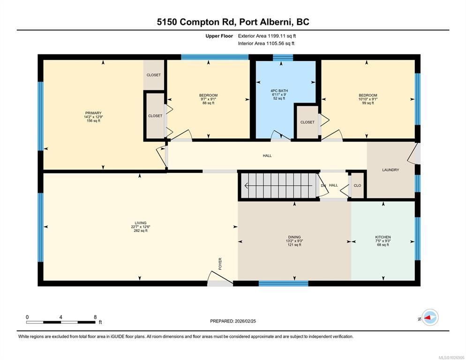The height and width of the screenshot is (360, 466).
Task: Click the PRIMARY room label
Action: coord(93,113)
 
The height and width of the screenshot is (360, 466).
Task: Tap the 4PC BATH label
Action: coord(279,90)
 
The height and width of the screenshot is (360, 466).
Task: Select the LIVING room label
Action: coord(141,223)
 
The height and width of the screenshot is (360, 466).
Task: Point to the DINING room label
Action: coord(294,237)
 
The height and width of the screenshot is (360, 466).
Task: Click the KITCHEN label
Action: coord(383,237)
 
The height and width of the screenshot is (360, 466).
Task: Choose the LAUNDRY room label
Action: coord(391,170)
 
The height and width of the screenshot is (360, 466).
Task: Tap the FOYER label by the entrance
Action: coord(220,264)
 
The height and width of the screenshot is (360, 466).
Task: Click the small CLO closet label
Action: coord(358,186)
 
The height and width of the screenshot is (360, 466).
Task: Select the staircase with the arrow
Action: coord(278,186)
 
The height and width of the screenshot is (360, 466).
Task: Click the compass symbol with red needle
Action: coord(430,317)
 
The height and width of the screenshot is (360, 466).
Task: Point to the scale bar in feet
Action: coord(61,322)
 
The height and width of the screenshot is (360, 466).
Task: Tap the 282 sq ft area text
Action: coord(141,231)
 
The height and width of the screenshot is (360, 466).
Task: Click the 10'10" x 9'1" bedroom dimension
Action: coord(368,99)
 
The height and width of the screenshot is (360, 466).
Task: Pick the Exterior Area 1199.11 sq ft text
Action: coord(267,36)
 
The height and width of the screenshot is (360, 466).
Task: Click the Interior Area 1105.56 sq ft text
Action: coord(266,44)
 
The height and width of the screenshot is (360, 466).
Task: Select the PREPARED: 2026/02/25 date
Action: coord(233,321)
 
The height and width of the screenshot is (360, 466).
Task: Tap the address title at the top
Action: coord(233,22)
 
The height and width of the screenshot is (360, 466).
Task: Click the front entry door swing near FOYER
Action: coord(219,278)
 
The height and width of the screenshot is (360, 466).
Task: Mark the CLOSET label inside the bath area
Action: coord(307,122)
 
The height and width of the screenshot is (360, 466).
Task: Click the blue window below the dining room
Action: coord(284,283)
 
